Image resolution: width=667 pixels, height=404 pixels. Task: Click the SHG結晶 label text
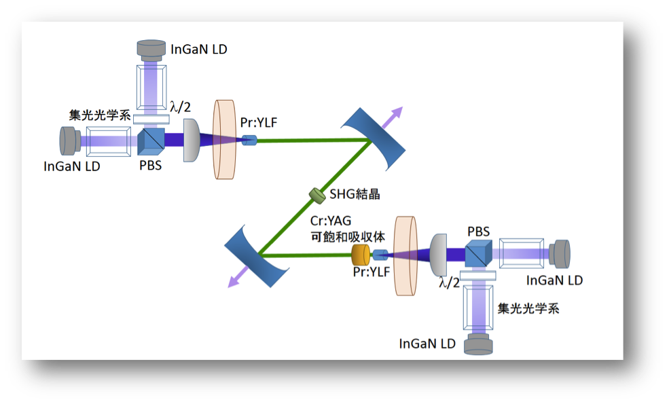point(355,194)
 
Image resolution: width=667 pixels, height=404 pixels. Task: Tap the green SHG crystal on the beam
point(317,195)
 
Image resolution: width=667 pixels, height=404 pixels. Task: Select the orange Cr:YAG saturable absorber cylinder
point(361,255)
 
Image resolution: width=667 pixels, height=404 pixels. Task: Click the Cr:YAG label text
point(331,221)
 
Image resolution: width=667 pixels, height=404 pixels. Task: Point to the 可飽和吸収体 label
point(348,237)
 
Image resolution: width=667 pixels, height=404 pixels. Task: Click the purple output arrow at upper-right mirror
point(392,117)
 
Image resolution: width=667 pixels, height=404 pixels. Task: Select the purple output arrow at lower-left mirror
point(238,277)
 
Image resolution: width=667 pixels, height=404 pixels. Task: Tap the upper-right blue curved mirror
point(373,139)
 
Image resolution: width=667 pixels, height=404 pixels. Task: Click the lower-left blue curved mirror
point(257,256)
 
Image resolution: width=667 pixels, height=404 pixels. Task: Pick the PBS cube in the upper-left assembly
point(151,141)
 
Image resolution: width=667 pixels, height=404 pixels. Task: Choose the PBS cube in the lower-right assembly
point(479,254)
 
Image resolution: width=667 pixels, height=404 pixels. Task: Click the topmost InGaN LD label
point(198,50)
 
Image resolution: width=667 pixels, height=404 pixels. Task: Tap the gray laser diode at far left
point(70,141)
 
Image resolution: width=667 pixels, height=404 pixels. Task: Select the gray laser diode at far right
point(560,254)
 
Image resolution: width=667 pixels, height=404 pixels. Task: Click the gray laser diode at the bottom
point(479,344)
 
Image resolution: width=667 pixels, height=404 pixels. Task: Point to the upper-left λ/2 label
point(181,107)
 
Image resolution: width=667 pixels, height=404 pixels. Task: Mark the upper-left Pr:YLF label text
point(259,122)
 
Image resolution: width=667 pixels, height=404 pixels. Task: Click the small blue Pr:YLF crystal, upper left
point(249,140)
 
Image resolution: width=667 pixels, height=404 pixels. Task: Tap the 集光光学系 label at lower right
point(528,308)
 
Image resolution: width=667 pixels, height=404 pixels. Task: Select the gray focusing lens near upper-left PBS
point(192,141)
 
